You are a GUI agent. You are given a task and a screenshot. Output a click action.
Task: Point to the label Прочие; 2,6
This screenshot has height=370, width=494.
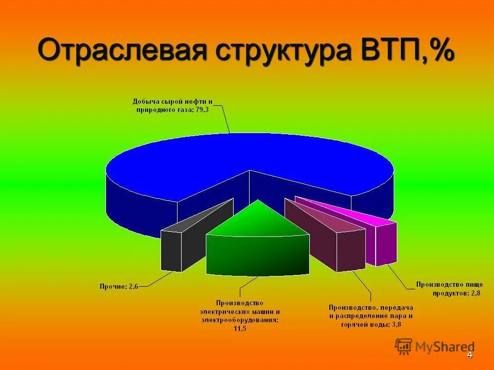[x=119, y=287]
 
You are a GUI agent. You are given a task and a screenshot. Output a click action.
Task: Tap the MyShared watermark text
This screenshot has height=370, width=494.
[x=445, y=347]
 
